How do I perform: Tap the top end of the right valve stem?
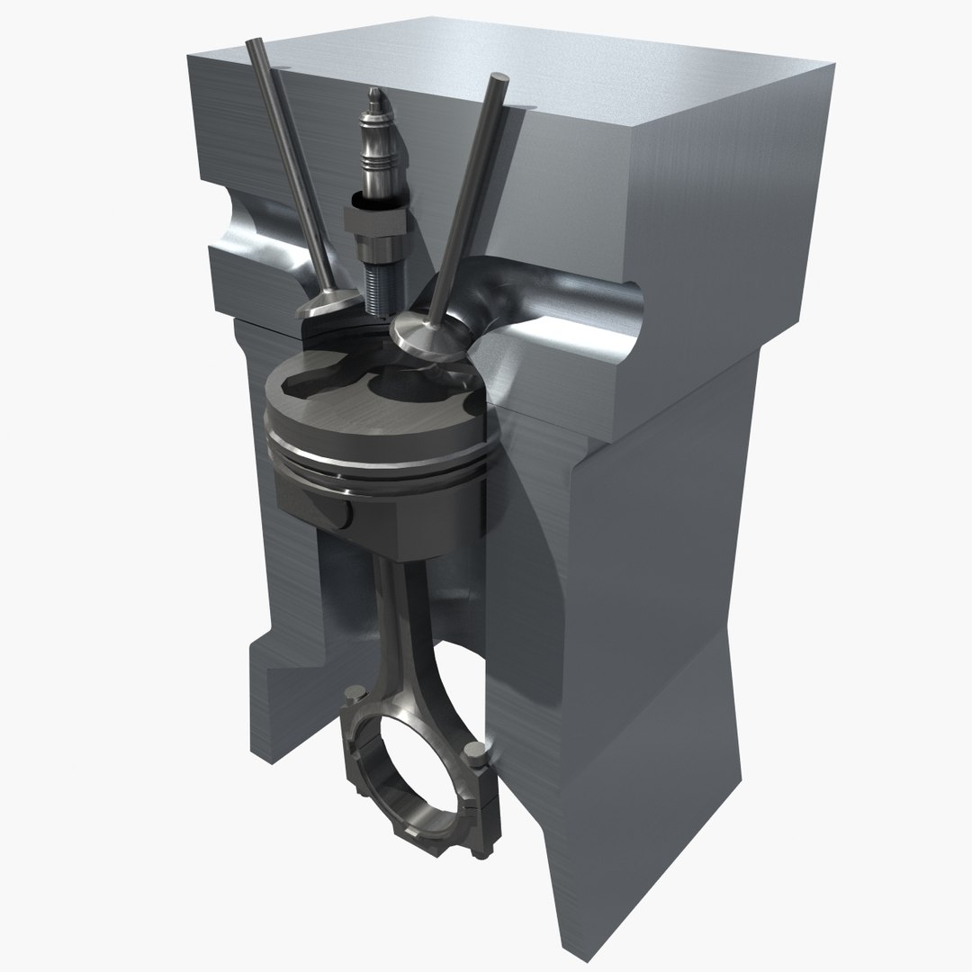[495, 83]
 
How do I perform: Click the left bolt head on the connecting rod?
[354, 694]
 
